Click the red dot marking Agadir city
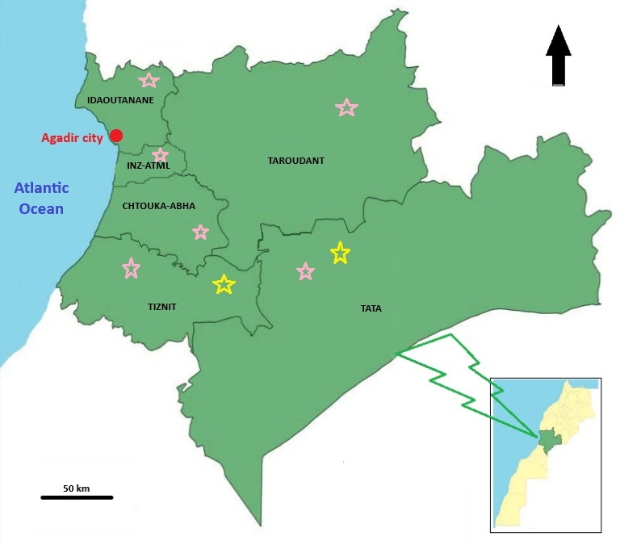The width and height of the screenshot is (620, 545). pyautogui.click(x=116, y=135)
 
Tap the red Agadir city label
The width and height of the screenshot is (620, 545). pyautogui.click(x=73, y=138)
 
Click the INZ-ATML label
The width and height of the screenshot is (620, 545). pyautogui.click(x=149, y=166)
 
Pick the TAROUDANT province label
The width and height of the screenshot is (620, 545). pyautogui.click(x=295, y=161)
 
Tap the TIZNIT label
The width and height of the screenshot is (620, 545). pyautogui.click(x=162, y=307)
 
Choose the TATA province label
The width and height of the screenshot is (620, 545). pyautogui.click(x=371, y=308)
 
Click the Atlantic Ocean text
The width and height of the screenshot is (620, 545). pyautogui.click(x=41, y=199)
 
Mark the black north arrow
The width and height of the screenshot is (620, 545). pyautogui.click(x=559, y=55)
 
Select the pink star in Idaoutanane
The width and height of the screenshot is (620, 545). pyautogui.click(x=149, y=80)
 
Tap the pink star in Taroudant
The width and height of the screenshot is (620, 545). pyautogui.click(x=346, y=107)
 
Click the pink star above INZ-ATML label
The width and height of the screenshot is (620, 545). pyautogui.click(x=160, y=155)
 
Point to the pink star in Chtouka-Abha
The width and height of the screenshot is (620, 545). pyautogui.click(x=200, y=233)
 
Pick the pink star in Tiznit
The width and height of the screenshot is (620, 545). pyautogui.click(x=130, y=268)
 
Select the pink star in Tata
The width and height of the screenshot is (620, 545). pyautogui.click(x=305, y=271)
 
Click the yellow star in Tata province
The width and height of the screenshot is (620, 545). pyautogui.click(x=341, y=254)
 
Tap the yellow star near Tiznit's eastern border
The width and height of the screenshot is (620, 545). pyautogui.click(x=224, y=284)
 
